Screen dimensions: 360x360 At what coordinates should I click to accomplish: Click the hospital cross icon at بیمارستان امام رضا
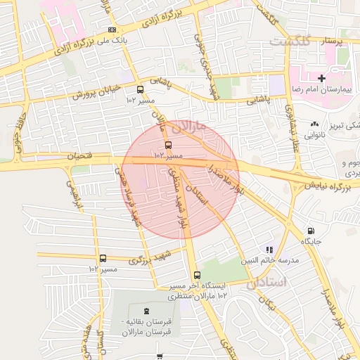[x=321, y=78]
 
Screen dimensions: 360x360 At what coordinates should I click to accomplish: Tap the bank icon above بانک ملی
[x=112, y=30]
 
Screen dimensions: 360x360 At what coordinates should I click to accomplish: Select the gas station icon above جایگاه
[x=310, y=231]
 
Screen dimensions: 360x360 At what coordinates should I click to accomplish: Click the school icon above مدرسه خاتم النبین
[x=268, y=249]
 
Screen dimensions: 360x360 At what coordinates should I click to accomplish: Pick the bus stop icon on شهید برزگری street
[x=103, y=259]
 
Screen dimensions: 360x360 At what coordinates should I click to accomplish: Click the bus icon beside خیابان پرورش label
[x=140, y=90]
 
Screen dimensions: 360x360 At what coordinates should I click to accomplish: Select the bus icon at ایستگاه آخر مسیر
[x=197, y=276]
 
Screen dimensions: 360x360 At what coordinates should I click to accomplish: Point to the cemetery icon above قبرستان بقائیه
[x=146, y=310]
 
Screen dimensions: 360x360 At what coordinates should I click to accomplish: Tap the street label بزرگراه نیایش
[x=328, y=187]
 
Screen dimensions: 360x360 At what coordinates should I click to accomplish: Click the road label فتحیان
[x=79, y=156]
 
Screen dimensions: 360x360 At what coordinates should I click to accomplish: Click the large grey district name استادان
[x=267, y=283]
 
